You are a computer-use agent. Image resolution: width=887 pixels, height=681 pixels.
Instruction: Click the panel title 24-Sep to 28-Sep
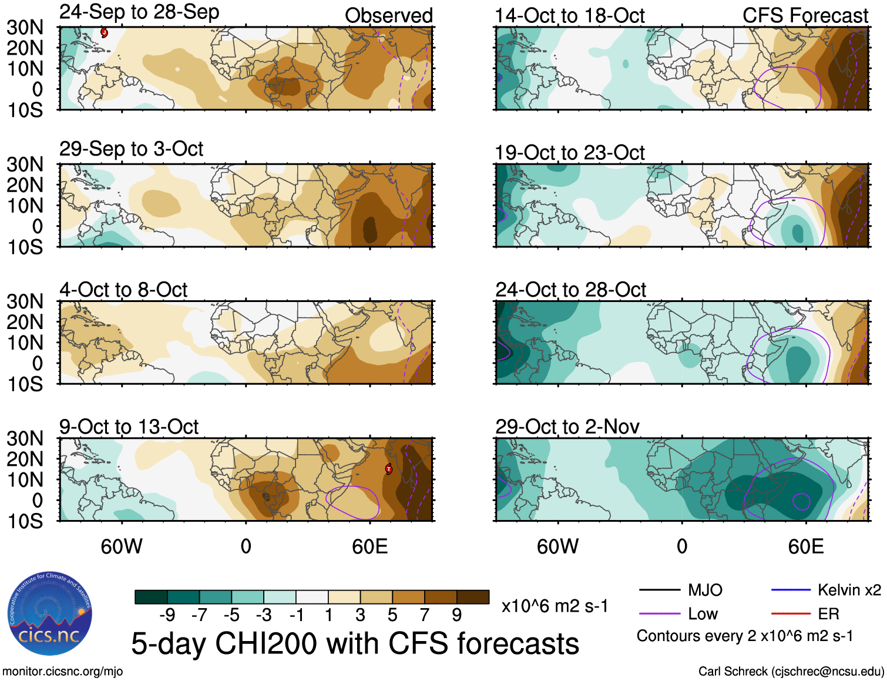pyautogui.click(x=139, y=12)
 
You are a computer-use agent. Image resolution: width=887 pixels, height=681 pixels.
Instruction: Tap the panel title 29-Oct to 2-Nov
pyautogui.click(x=567, y=427)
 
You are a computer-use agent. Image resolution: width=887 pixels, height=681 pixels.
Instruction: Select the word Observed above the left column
pyautogui.click(x=388, y=16)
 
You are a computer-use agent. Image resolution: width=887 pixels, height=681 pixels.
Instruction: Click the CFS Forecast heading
pyautogui.click(x=805, y=16)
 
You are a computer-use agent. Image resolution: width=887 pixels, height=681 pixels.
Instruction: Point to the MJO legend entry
pyautogui.click(x=705, y=590)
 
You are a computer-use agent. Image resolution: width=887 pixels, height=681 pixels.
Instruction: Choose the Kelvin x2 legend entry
pyautogui.click(x=849, y=590)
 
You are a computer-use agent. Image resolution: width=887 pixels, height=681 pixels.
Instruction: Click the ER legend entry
pyautogui.click(x=828, y=614)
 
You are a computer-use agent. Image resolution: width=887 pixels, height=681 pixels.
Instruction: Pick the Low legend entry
pyautogui.click(x=703, y=614)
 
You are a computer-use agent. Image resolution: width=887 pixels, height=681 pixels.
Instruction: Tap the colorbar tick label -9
pyautogui.click(x=167, y=615)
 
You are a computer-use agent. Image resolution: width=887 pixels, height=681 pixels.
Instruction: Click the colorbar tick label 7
pyautogui.click(x=425, y=615)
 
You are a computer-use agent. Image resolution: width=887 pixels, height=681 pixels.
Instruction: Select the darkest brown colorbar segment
pyautogui.click(x=473, y=597)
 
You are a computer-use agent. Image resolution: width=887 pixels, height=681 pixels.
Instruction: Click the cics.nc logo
pyautogui.click(x=50, y=614)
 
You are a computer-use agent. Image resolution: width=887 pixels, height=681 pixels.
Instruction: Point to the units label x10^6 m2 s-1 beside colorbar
pyautogui.click(x=555, y=606)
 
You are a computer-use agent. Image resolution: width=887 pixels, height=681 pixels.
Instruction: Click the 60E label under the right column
pyautogui.click(x=805, y=546)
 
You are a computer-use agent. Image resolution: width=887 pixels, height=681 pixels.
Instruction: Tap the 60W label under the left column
pyautogui.click(x=122, y=546)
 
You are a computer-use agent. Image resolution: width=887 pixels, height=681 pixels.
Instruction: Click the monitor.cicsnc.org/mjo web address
pyautogui.click(x=62, y=671)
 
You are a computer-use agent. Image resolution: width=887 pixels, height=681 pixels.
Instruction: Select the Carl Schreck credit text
pyautogui.click(x=791, y=671)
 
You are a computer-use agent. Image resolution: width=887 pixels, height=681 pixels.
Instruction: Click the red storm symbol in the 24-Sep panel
pyautogui.click(x=104, y=33)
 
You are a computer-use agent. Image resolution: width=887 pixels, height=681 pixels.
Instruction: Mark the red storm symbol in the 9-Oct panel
pyautogui.click(x=388, y=469)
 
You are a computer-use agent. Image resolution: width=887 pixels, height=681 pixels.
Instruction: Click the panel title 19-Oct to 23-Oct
pyautogui.click(x=569, y=153)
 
